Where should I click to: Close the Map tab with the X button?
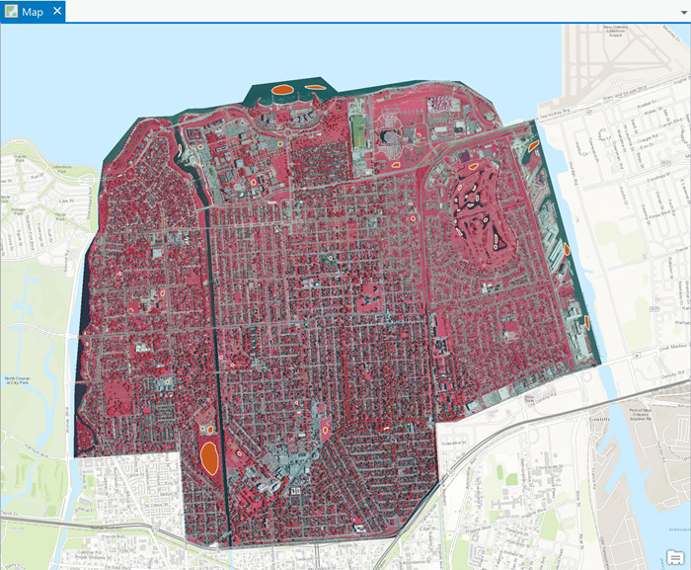pyautogui.click(x=57, y=12)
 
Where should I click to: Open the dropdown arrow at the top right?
pyautogui.click(x=681, y=12)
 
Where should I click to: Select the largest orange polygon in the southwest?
pyautogui.click(x=209, y=457)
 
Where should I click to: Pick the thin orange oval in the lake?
pyautogui.click(x=314, y=87)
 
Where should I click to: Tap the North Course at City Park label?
pyautogui.click(x=19, y=382)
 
